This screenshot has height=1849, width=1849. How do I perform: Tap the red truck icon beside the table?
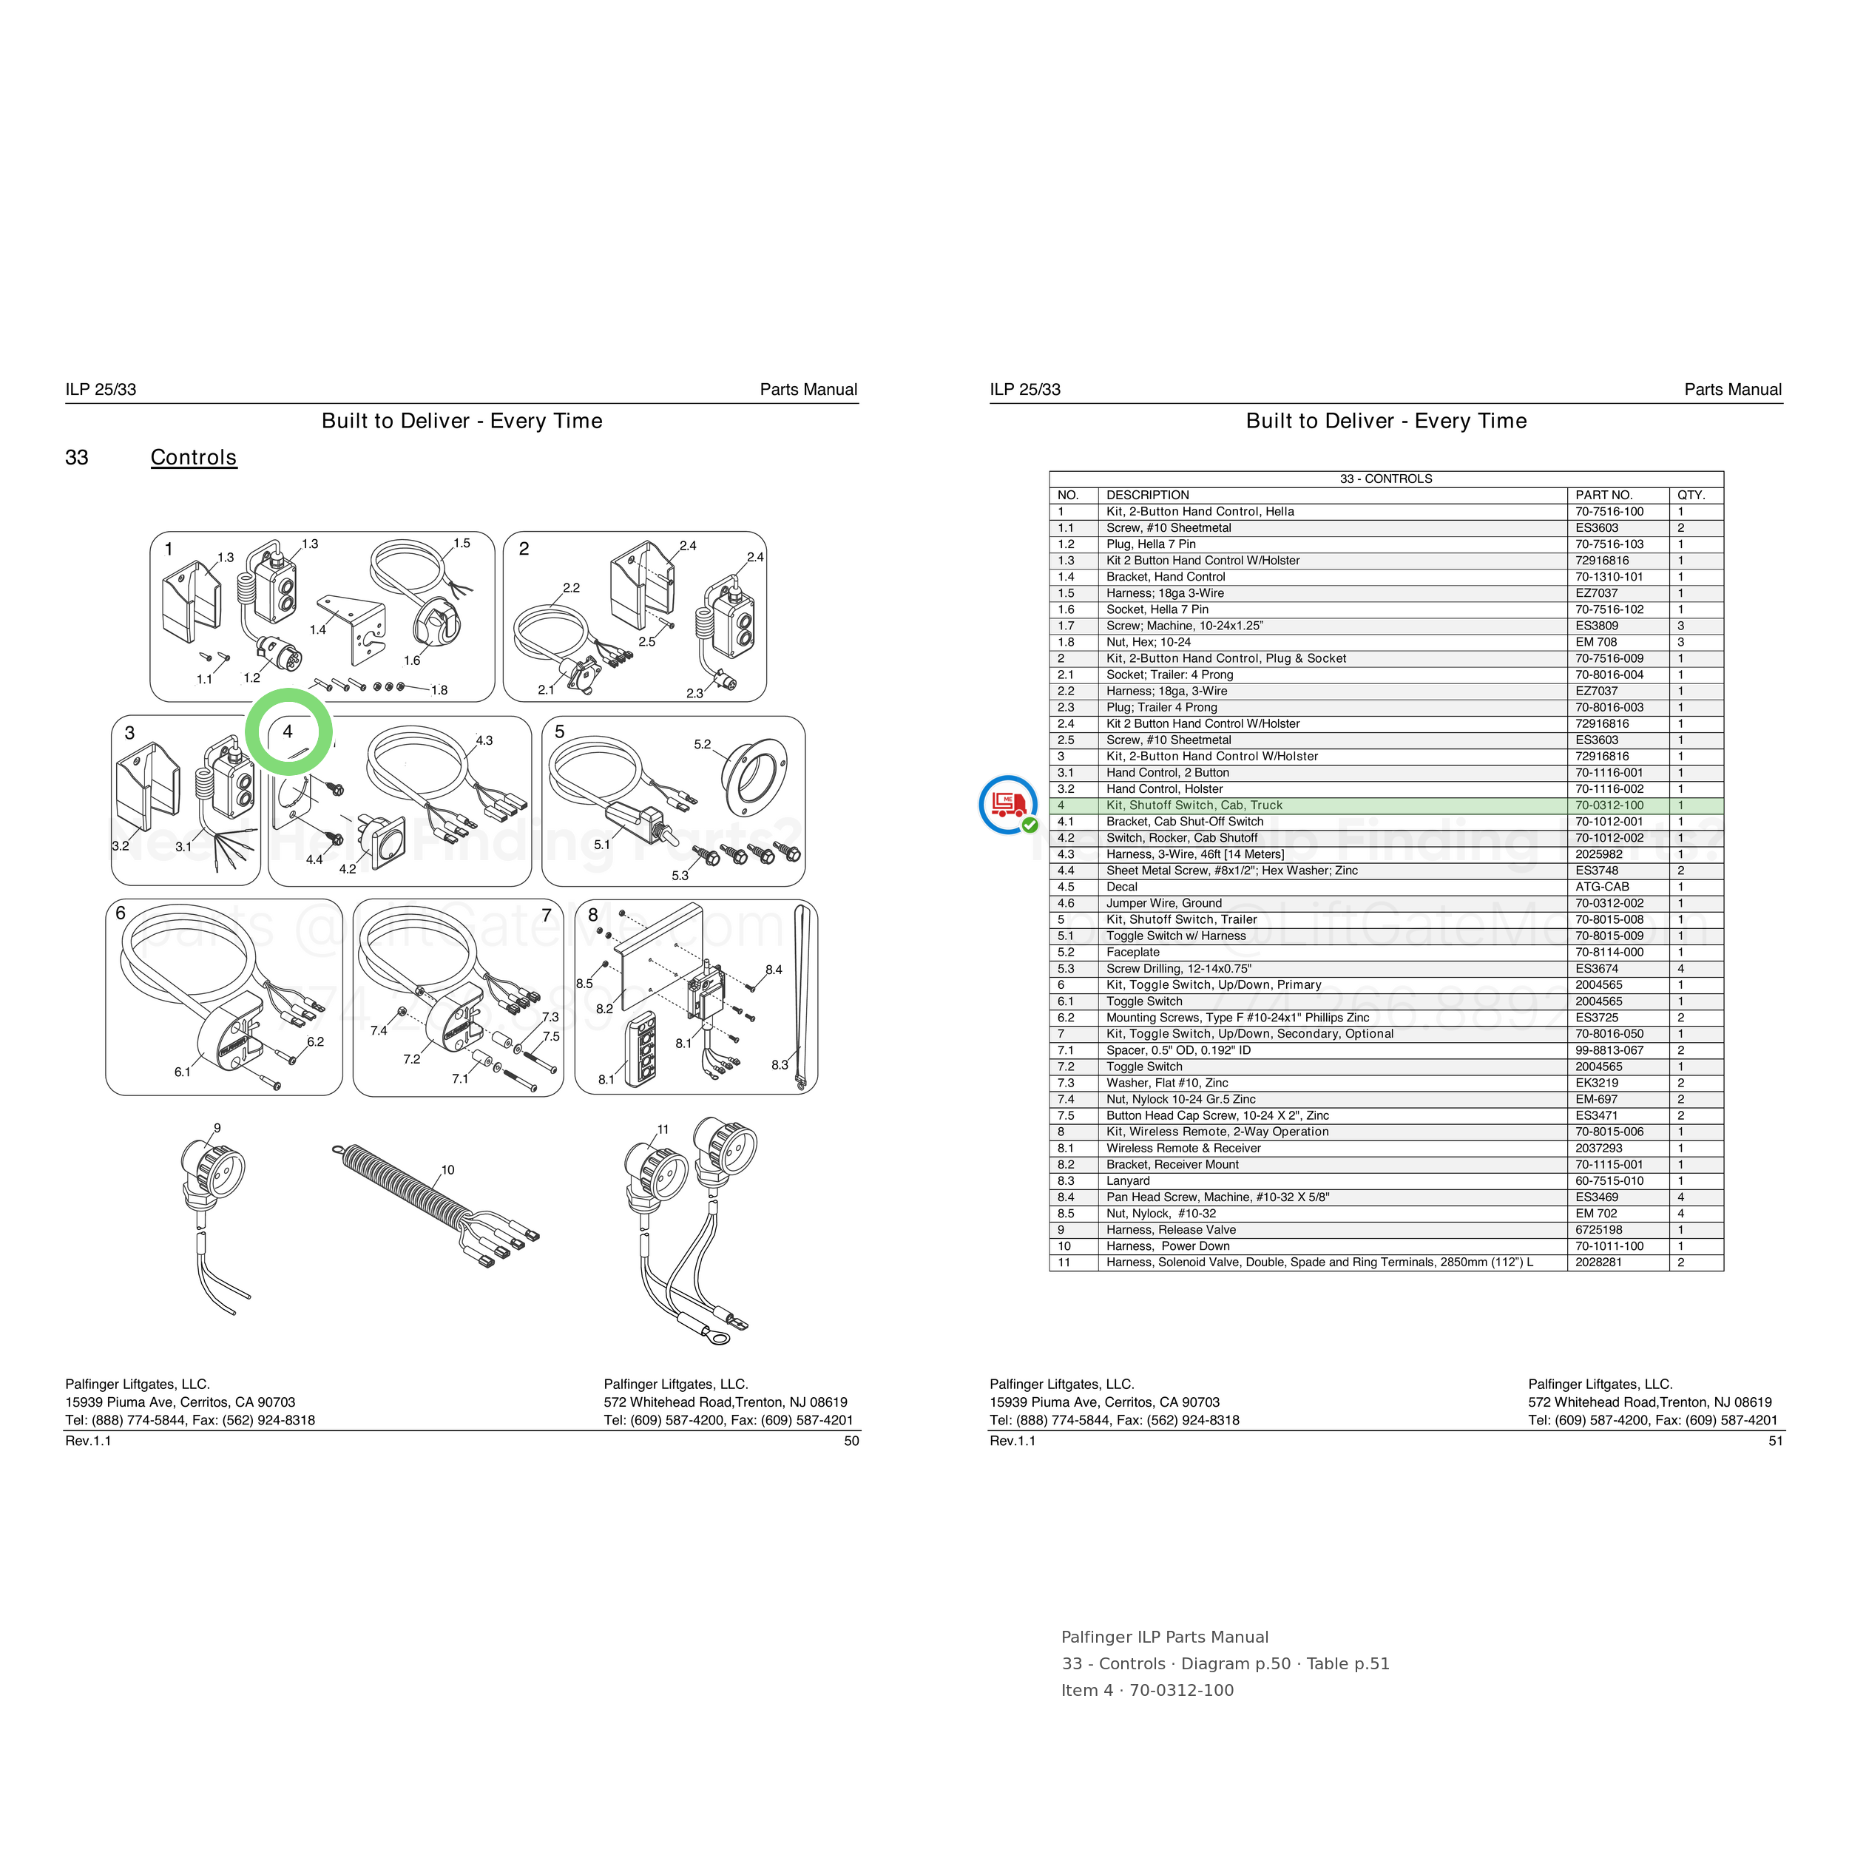click(1008, 804)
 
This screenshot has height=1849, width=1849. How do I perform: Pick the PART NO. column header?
click(1604, 496)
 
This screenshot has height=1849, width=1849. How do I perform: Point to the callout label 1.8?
click(439, 690)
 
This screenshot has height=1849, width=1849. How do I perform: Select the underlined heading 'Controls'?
click(193, 458)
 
